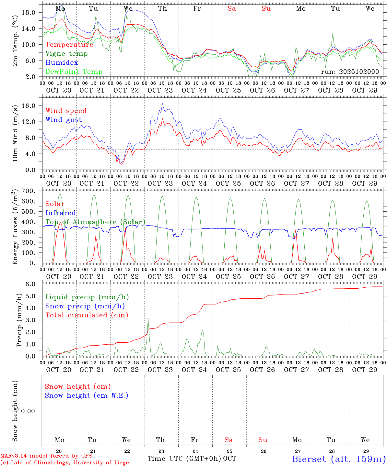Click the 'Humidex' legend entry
(x=62, y=63)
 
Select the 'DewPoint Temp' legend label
(x=74, y=72)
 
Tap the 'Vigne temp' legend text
(x=66, y=54)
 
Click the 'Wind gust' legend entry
(x=64, y=120)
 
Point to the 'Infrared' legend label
(x=61, y=213)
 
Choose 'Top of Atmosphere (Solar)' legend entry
(x=95, y=222)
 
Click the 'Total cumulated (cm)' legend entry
(x=87, y=315)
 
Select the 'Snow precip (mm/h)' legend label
(x=85, y=306)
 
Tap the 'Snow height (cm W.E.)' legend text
(x=87, y=395)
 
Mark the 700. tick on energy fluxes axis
(x=29, y=191)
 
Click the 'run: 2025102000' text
(x=350, y=72)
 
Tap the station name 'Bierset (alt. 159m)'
(x=339, y=459)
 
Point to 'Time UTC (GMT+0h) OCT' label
(x=192, y=459)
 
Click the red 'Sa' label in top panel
(x=231, y=9)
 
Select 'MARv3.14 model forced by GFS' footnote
(x=46, y=456)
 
